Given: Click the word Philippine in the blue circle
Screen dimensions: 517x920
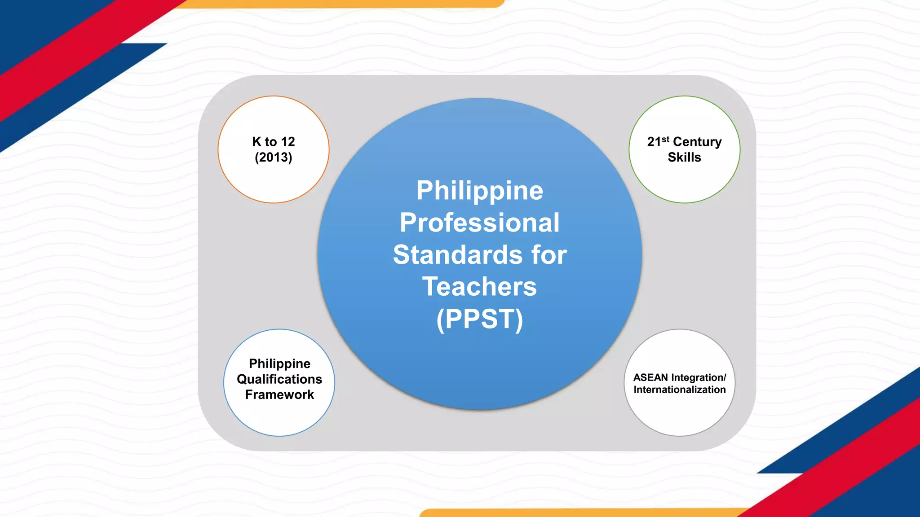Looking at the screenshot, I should coord(479,191).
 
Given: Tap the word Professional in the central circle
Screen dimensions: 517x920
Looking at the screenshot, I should coord(479,223).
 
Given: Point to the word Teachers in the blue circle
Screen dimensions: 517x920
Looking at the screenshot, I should coord(479,287).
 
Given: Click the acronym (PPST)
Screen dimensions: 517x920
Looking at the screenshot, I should coord(479,319).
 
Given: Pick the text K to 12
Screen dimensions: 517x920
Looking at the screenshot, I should coord(273,142).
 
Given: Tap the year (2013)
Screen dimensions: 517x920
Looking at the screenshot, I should coord(273,158).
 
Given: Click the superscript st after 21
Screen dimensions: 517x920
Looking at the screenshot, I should coord(665,139).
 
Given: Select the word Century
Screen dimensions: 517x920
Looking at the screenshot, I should coord(697,142).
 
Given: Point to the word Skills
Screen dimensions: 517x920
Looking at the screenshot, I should coord(684,158).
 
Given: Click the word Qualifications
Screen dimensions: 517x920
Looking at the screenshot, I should coord(279,379).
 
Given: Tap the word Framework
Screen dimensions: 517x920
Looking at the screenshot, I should coord(279,395).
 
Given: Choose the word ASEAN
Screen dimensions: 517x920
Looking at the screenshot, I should coord(650,377).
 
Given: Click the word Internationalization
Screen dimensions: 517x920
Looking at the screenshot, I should coord(680,390).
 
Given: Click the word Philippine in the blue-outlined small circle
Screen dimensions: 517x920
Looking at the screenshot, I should coord(279,364).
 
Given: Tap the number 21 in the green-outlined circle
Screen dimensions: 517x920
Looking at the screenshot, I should coord(654,142).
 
